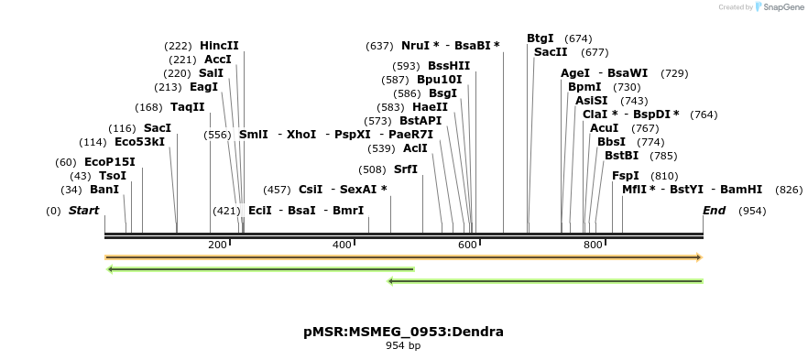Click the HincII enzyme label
pyautogui.click(x=219, y=46)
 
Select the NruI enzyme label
pyautogui.click(x=416, y=46)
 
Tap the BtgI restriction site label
pyautogui.click(x=540, y=38)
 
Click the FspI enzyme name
pyautogui.click(x=626, y=176)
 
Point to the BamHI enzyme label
pyautogui.click(x=741, y=190)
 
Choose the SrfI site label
pyautogui.click(x=406, y=169)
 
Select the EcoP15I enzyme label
pyautogui.click(x=110, y=162)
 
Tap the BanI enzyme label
pyautogui.click(x=104, y=190)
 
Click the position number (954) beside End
pyautogui.click(x=752, y=211)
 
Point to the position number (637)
pyautogui.click(x=379, y=46)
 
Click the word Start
pyautogui.click(x=83, y=211)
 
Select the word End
pyautogui.click(x=714, y=211)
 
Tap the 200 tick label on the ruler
pyautogui.click(x=217, y=245)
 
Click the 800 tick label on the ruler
pyautogui.click(x=593, y=245)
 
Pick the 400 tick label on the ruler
pyautogui.click(x=343, y=245)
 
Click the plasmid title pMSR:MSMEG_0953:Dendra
pyautogui.click(x=403, y=332)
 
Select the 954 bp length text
pyautogui.click(x=403, y=346)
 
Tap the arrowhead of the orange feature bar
pyautogui.click(x=699, y=257)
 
